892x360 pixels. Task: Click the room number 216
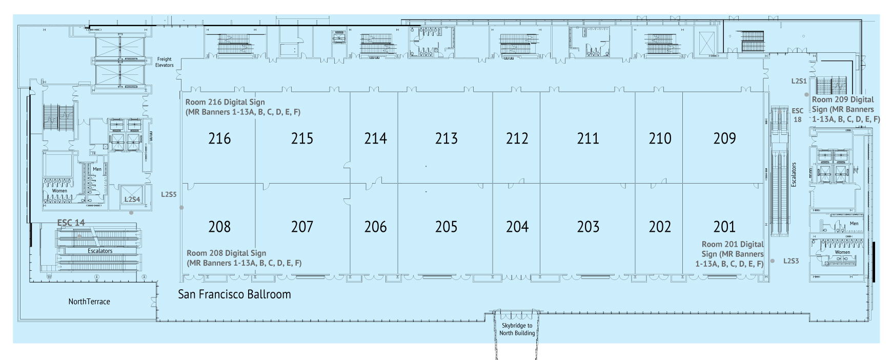point(219,138)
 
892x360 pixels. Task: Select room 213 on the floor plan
point(446,138)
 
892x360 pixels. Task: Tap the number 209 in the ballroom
point(724,138)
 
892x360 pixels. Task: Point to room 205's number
point(446,227)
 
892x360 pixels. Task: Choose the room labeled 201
point(724,227)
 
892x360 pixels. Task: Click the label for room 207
point(302,227)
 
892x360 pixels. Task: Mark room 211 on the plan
point(588,138)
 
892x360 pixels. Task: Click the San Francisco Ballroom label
point(234,294)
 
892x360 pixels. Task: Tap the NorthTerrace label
point(89,302)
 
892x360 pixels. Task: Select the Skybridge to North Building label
point(517,329)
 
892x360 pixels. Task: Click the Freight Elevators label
point(165,62)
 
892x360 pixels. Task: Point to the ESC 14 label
point(71,223)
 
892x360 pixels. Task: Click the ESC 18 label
point(798,115)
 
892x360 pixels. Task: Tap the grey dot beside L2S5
point(181,208)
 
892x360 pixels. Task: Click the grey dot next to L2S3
point(773,261)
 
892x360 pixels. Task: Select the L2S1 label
point(799,81)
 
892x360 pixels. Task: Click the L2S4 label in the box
point(132,199)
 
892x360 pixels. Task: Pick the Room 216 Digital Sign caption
point(243,107)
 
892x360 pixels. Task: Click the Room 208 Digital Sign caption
point(244,258)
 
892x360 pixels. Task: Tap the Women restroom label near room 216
point(59,191)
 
